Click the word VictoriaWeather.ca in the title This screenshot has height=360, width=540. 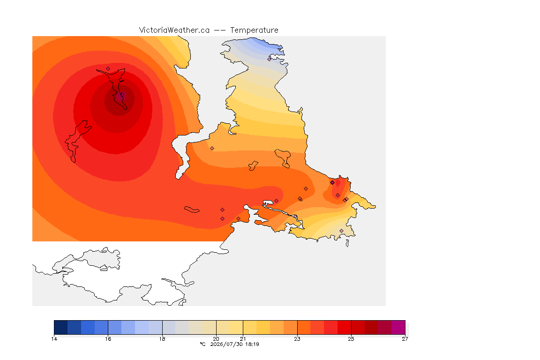174,30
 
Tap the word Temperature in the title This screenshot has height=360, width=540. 254,30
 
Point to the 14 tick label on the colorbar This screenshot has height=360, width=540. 54,339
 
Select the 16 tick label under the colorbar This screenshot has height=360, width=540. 108,339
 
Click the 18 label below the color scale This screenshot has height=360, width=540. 162,339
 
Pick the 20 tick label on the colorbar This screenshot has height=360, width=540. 216,339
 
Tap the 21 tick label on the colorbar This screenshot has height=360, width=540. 243,339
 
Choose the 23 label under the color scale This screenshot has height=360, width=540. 297,339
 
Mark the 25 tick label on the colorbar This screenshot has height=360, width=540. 351,339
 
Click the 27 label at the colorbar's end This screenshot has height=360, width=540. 405,339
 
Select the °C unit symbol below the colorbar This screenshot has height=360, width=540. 202,344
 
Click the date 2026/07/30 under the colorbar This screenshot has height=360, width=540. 226,344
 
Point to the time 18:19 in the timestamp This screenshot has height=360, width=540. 252,344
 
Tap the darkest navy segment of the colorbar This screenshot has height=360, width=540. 61,327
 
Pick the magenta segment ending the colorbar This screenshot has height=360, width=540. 398,327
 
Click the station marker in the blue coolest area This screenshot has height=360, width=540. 270,59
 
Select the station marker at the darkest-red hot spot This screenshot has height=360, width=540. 122,94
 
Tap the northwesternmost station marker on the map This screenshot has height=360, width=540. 108,69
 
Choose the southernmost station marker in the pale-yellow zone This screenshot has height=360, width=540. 341,231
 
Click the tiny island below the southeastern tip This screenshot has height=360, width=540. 347,243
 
